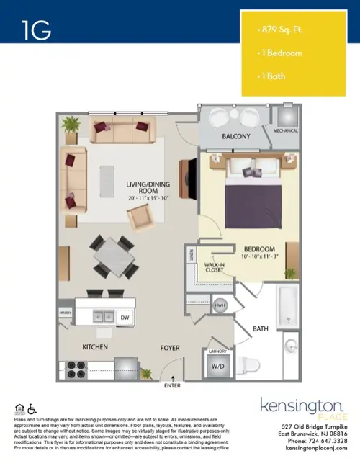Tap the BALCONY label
point(235,137)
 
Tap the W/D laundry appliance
point(216,365)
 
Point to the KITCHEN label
point(95,347)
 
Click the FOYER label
point(168,348)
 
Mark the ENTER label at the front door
point(173,386)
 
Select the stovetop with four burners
point(76,369)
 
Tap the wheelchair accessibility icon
point(30,410)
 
